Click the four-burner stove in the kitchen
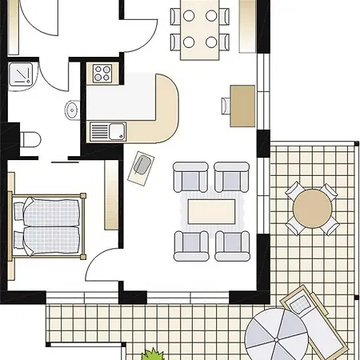coord(102,74)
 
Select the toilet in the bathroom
coord(30,138)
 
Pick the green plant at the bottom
coord(153,354)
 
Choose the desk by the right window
coord(243,105)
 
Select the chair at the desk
coord(226,105)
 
